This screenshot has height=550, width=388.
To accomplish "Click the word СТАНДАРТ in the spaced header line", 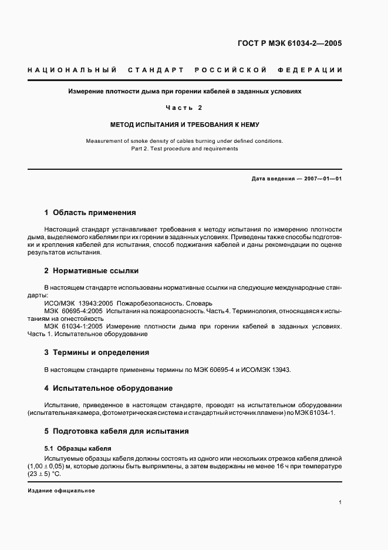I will [156, 71].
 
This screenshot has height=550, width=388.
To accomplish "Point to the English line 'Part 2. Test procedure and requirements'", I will [184, 149].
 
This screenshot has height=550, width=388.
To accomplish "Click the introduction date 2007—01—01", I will [322, 177].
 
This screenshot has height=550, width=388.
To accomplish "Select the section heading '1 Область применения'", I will [90, 212].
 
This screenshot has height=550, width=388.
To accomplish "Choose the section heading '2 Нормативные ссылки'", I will [91, 271].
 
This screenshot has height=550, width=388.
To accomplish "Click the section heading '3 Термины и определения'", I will [96, 353].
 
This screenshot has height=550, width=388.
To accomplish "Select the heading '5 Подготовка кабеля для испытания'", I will [116, 431].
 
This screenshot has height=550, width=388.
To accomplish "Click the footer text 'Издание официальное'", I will [61, 491].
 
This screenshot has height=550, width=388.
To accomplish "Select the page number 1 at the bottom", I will [340, 502].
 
